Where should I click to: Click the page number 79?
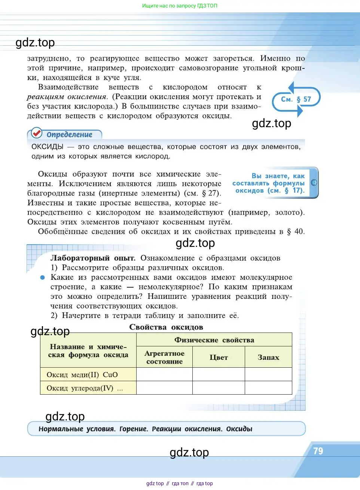pos(318,451)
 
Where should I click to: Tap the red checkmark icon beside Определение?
pos(37,133)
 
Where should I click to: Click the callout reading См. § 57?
pos(296,99)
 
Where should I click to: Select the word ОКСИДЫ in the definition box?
pos(48,147)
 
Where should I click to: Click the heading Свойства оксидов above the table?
pos(166,327)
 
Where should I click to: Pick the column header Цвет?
pos(219,358)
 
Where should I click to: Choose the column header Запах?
pos(268,358)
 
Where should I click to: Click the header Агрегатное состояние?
pos(164,358)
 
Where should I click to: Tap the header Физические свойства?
pos(214,340)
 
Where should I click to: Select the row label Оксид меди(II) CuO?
pos(82,375)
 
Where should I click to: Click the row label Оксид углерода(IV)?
pos(80,388)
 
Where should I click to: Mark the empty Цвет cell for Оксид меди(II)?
pos(219,374)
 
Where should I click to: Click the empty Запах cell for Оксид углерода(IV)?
pos(268,388)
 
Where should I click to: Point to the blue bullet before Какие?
pos(43,278)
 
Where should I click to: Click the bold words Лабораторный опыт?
pos(93,258)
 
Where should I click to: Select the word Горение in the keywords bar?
pos(134,429)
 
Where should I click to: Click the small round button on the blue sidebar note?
pos(314,183)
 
